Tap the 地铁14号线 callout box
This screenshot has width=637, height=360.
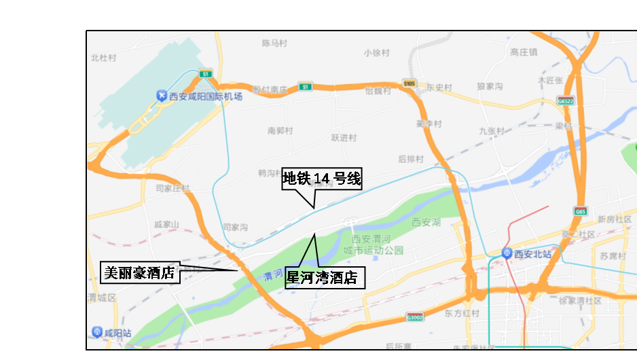click(x=322, y=179)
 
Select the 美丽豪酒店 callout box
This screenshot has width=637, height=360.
click(x=140, y=272)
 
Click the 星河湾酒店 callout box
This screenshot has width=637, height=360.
click(x=325, y=277)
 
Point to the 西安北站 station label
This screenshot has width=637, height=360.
click(x=532, y=254)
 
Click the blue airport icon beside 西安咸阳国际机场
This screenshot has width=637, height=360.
click(x=161, y=96)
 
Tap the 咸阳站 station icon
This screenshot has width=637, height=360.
click(x=97, y=332)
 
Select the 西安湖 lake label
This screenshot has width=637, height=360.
click(x=426, y=222)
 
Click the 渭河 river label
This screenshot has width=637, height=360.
click(x=272, y=274)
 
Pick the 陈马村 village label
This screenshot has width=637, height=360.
click(x=274, y=43)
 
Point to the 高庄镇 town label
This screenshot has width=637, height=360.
click(x=524, y=52)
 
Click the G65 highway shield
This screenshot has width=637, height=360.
click(x=579, y=211)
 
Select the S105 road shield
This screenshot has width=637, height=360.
click(x=408, y=84)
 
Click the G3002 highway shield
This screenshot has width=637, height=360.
click(x=414, y=317)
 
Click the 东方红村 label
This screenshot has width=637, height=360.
click(x=462, y=314)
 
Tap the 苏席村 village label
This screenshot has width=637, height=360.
click(x=613, y=256)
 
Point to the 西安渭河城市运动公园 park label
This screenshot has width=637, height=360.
click(x=378, y=245)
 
